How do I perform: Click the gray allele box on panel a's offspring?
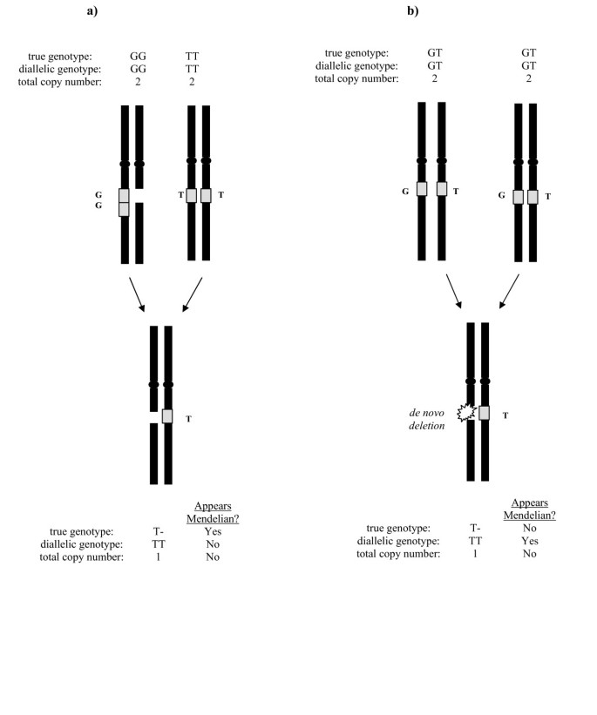click(167, 416)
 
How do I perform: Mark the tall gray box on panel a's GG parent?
click(125, 202)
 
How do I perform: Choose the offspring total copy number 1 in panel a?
click(159, 557)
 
